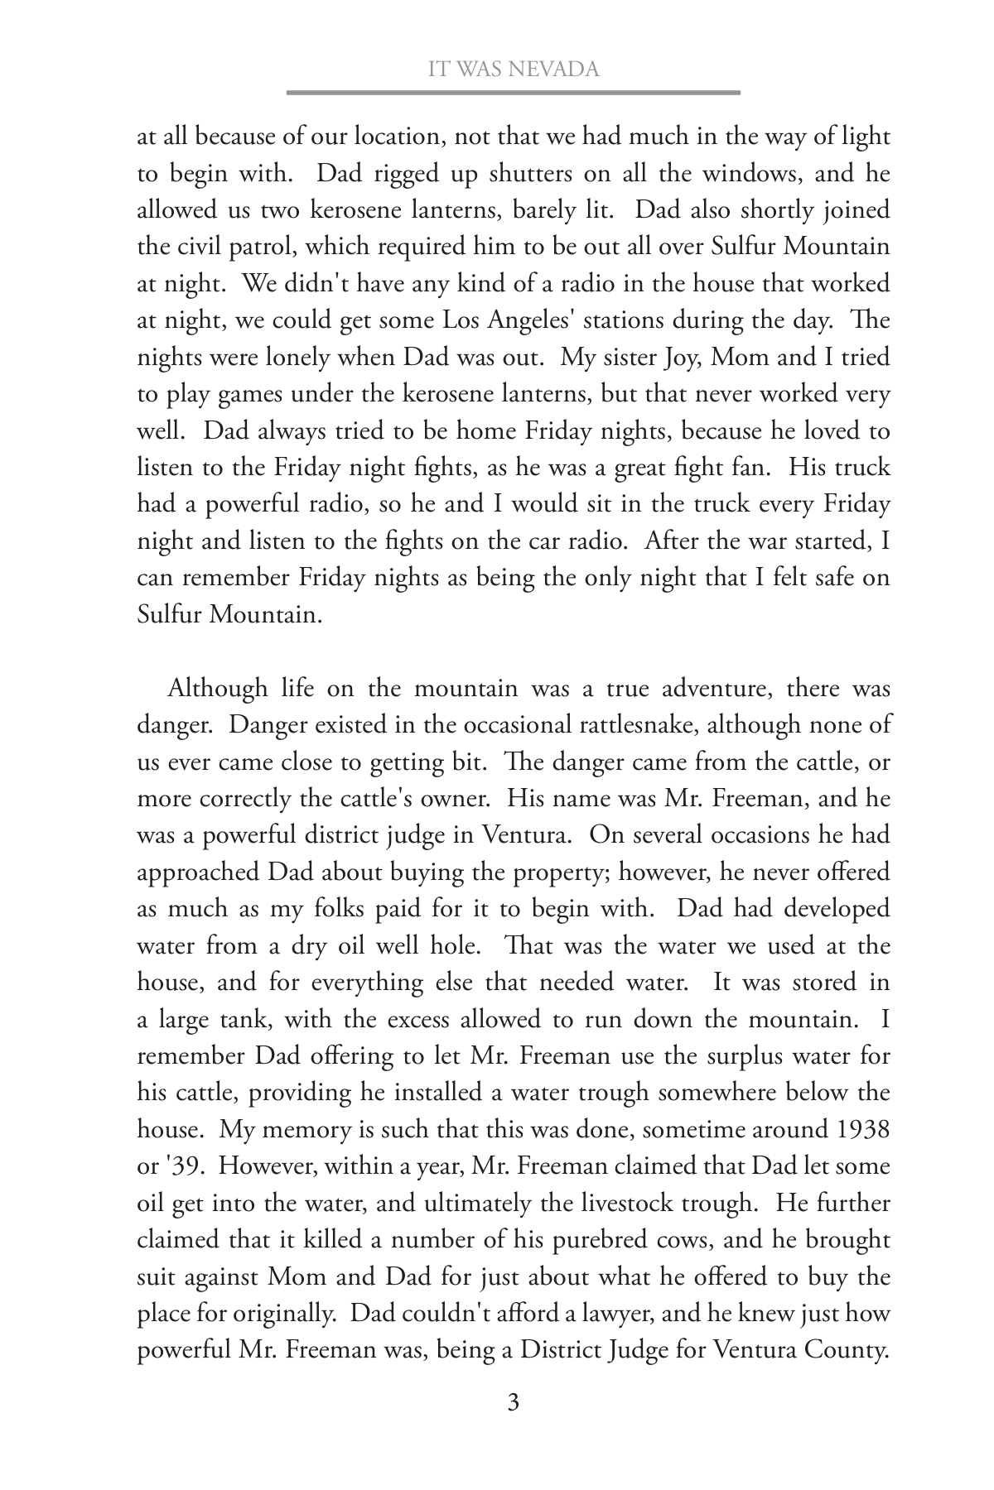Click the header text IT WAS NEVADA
(513, 70)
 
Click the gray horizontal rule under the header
(513, 93)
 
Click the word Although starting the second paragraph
(218, 688)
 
